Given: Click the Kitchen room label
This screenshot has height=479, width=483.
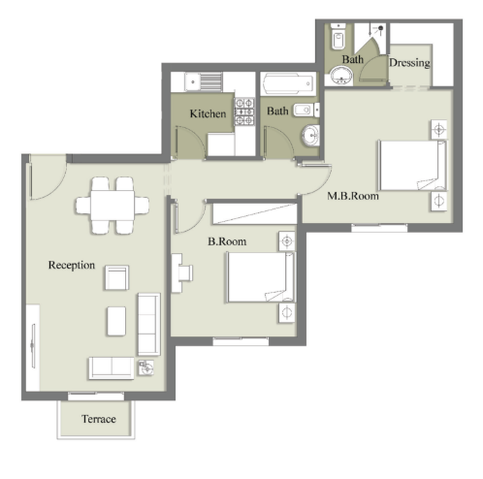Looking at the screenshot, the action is coord(208,113).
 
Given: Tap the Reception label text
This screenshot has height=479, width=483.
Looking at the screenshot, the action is coord(72,265).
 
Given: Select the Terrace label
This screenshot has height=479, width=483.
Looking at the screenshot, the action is coord(99,419).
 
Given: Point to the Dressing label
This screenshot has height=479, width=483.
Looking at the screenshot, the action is coord(409,62).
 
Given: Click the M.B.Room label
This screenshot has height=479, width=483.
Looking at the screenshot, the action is coord(353,196).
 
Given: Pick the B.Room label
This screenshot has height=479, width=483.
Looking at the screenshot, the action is coord(227,241).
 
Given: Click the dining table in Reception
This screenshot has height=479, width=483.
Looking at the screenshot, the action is coord(113,206).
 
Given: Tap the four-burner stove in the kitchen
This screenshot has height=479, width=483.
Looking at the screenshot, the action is coord(244,112).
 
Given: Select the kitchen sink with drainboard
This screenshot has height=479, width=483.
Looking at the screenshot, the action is coord(204,81).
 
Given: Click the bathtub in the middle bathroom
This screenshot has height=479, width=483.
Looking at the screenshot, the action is coord(288,83).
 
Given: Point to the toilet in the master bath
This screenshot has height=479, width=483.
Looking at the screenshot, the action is coord(338,37).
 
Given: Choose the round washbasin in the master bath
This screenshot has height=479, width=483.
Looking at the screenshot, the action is coord(341,76).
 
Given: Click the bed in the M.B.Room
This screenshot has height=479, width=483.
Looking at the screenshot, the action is coord(412,165).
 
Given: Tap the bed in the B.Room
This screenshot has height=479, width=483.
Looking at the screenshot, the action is coord(261,277).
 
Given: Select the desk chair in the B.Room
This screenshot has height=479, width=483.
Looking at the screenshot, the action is coord(185,273).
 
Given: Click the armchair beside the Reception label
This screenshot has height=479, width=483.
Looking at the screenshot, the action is coord(116,277).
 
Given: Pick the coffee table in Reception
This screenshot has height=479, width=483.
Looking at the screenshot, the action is coord(116,321).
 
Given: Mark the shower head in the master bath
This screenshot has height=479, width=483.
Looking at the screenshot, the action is coord(380,28).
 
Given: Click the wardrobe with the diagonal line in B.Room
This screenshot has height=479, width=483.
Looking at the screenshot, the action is coord(255,213).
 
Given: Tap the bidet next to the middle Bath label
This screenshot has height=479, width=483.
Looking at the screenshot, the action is coord(305,111).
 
